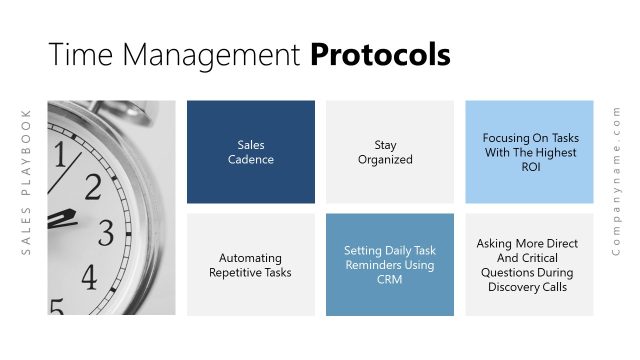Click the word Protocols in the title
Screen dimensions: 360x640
click(380, 55)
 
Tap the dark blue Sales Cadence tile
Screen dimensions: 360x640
click(250, 152)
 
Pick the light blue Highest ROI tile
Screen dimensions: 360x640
click(530, 152)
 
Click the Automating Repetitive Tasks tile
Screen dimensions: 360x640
click(250, 265)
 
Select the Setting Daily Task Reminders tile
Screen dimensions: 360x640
click(390, 265)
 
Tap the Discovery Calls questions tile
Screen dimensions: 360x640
click(530, 265)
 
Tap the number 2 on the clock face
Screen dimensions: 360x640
click(92, 186)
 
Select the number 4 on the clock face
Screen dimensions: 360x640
click(89, 276)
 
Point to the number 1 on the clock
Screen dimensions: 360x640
click(60, 155)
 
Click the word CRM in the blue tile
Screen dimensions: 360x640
click(390, 279)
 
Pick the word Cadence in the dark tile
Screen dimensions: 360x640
click(250, 159)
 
